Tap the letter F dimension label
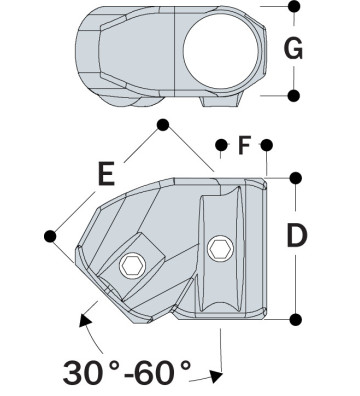coord(243,147)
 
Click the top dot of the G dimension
coord(294,7)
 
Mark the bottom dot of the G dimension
coord(294,96)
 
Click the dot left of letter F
coord(220,145)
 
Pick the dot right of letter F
coord(267,145)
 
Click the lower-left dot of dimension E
coord(51,235)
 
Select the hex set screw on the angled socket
coord(131,265)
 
